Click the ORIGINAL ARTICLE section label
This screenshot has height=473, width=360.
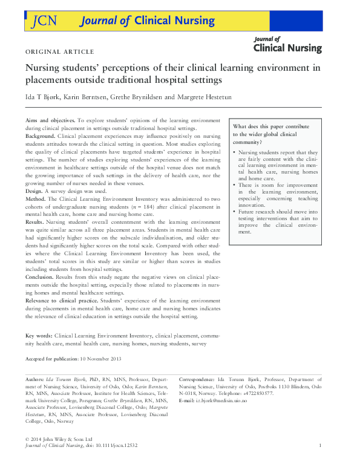point(59,51)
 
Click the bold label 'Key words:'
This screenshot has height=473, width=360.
point(39,334)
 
